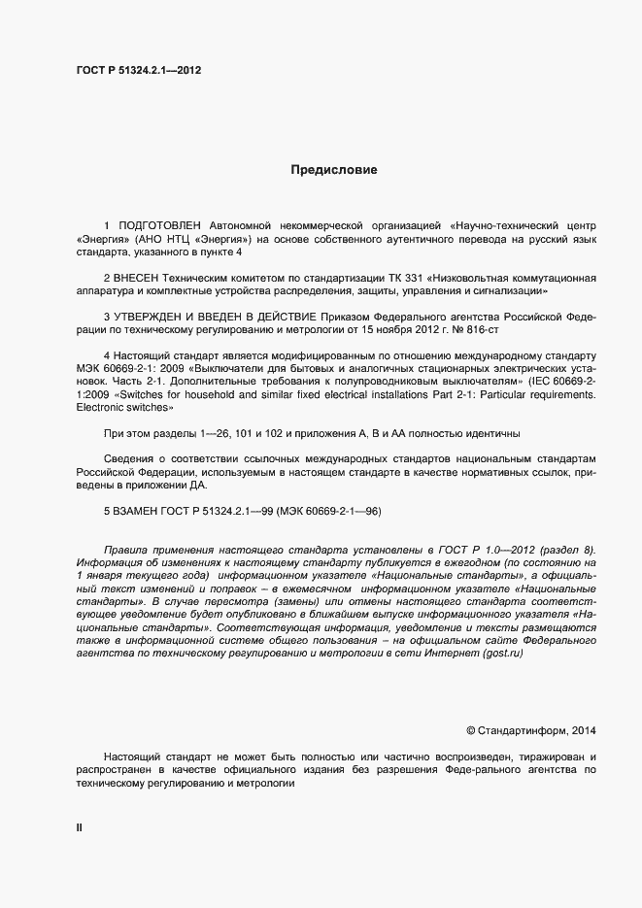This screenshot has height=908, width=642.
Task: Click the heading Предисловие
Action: pyautogui.click(x=333, y=170)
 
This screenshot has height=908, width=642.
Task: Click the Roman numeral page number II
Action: pyautogui.click(x=80, y=827)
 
